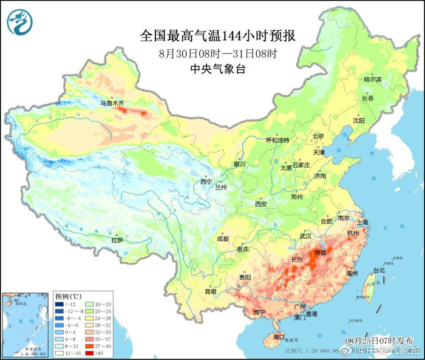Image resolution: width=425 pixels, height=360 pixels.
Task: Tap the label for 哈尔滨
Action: pyautogui.click(x=372, y=80)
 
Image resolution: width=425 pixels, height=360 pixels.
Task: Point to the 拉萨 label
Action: pyautogui.click(x=117, y=240)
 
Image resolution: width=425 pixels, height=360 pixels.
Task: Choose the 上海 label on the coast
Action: pyautogui.click(x=363, y=222)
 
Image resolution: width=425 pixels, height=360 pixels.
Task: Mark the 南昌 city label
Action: pyautogui.click(x=320, y=251)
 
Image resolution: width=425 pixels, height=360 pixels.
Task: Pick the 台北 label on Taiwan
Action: pyautogui.click(x=378, y=270)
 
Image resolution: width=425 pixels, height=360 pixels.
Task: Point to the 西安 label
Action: pyautogui.click(x=260, y=204)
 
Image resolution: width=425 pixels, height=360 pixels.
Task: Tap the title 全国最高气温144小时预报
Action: pyautogui.click(x=221, y=35)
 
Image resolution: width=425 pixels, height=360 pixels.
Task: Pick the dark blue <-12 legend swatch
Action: pyautogui.click(x=58, y=304)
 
